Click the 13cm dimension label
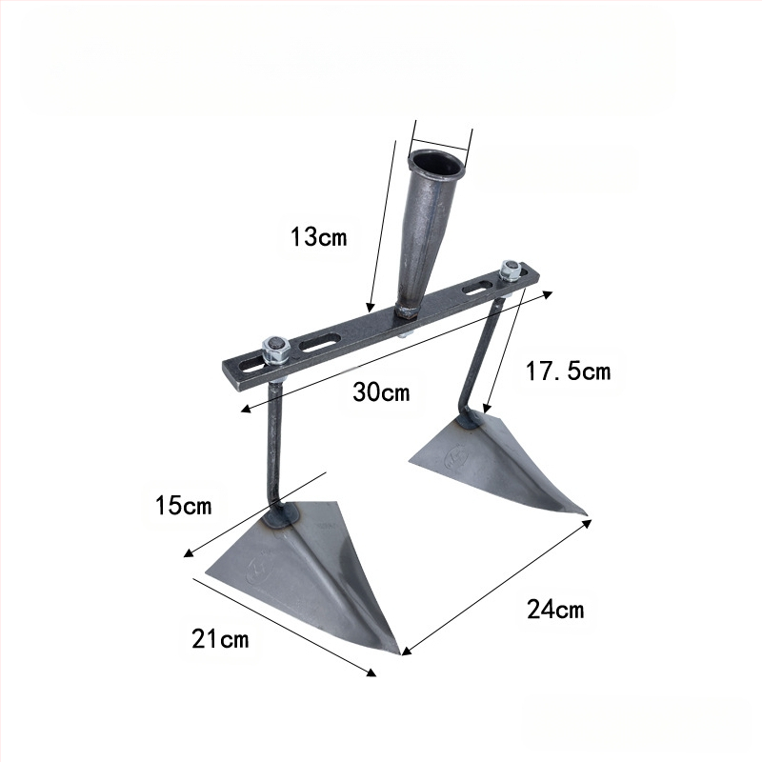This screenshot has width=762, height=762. [x=319, y=237]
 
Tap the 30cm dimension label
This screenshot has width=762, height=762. [x=382, y=391]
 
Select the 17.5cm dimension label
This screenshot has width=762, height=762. [x=568, y=371]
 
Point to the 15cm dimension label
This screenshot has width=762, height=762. [x=184, y=506]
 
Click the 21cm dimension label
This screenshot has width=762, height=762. [x=220, y=638]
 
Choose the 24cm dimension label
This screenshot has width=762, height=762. [x=555, y=609]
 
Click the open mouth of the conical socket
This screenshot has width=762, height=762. [x=436, y=163]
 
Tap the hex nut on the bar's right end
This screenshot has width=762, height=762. [x=510, y=271]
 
